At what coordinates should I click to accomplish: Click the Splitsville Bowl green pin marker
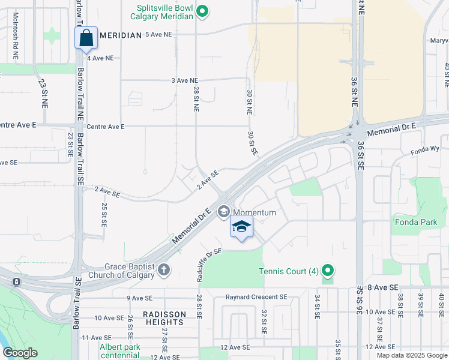[203, 11]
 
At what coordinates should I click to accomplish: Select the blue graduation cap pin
[241, 227]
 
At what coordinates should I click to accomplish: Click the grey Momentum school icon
[224, 211]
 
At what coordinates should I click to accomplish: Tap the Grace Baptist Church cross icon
[164, 270]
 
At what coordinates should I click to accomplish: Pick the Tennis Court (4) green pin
[328, 271]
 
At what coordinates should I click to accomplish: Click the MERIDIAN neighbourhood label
[120, 35]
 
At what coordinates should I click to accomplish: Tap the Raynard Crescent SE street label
[257, 297]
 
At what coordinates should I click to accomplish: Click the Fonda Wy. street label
[427, 154]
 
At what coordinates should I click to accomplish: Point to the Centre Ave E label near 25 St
[105, 127]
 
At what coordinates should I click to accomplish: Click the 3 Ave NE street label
[184, 80]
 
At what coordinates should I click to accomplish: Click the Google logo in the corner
[20, 353]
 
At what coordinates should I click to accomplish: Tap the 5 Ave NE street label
[158, 35]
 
